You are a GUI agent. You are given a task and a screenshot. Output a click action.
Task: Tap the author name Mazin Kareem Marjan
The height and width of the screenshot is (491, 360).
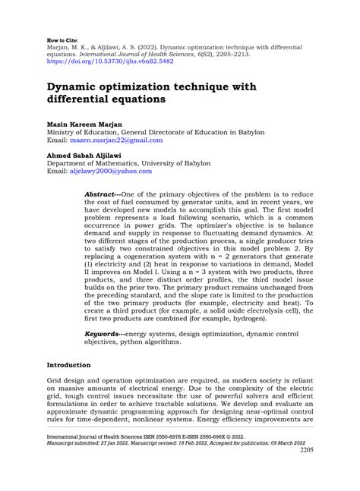pyautogui.click(x=86, y=123)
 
